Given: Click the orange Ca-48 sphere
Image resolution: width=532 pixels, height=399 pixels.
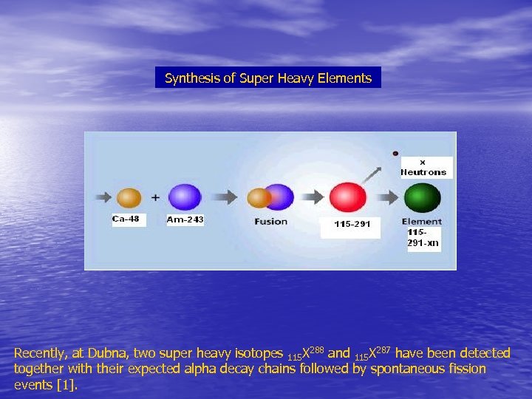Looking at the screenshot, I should (x=129, y=197).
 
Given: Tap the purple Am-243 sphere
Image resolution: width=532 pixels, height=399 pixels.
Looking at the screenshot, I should (x=185, y=197).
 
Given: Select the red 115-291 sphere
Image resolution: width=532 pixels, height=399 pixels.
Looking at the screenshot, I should (x=348, y=198).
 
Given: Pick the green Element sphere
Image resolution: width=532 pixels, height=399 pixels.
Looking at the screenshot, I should (x=422, y=198).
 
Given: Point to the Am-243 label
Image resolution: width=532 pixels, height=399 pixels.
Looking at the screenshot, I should (x=185, y=219).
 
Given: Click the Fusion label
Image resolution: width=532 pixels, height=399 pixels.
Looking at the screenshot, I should (x=271, y=222).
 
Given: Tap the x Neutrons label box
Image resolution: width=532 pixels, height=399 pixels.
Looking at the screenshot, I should (x=423, y=168).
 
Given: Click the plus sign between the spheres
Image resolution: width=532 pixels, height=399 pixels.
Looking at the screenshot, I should (x=155, y=198).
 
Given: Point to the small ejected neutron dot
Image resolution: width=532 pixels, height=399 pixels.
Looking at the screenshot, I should (x=396, y=154).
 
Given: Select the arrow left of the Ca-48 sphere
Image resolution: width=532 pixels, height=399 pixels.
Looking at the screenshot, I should (x=101, y=198).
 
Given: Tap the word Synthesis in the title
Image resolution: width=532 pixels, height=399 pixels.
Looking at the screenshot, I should (x=189, y=78).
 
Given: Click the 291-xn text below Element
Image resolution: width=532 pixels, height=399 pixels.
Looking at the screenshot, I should (x=423, y=242).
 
